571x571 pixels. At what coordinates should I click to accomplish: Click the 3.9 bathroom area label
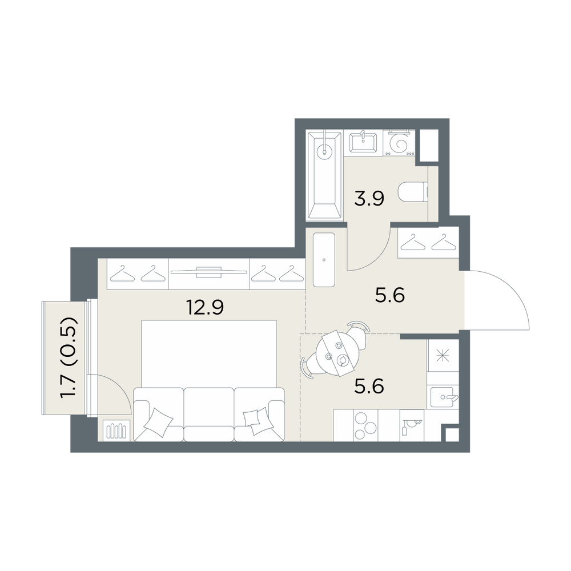(x=369, y=199)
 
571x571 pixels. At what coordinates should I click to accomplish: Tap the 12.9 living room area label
(x=204, y=307)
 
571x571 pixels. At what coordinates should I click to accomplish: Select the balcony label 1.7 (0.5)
(x=69, y=357)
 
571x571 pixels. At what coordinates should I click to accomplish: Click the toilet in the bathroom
(x=413, y=192)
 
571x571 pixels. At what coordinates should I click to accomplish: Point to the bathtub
(x=325, y=176)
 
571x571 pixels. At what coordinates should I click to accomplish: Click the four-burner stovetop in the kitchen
(x=365, y=425)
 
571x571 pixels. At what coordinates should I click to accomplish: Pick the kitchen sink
(x=444, y=397)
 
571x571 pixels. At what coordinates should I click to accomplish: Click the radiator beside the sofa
(x=116, y=431)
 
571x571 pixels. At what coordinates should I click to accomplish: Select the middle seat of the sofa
(x=208, y=414)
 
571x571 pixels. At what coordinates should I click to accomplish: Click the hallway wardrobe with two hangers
(x=428, y=242)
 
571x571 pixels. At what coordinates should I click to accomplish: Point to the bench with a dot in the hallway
(x=324, y=260)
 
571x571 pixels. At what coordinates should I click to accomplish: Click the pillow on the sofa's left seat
(x=158, y=422)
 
